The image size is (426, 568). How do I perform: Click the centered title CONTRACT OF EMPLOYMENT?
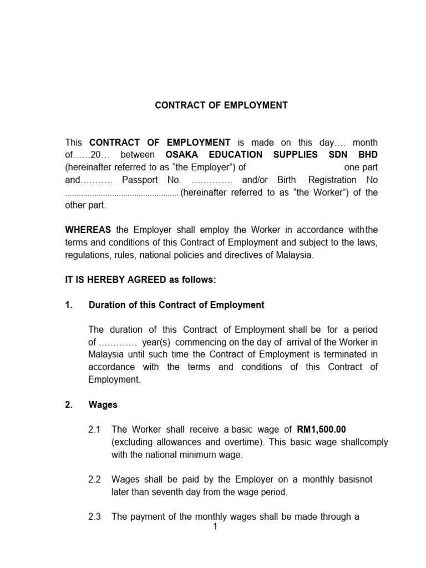[x=221, y=105]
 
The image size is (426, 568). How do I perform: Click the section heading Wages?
[x=103, y=405]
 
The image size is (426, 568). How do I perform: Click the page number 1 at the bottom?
[x=215, y=527]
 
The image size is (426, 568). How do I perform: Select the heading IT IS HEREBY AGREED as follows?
[x=140, y=280]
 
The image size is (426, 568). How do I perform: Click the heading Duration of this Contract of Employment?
[x=176, y=305]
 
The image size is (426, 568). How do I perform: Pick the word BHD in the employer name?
[x=367, y=154]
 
